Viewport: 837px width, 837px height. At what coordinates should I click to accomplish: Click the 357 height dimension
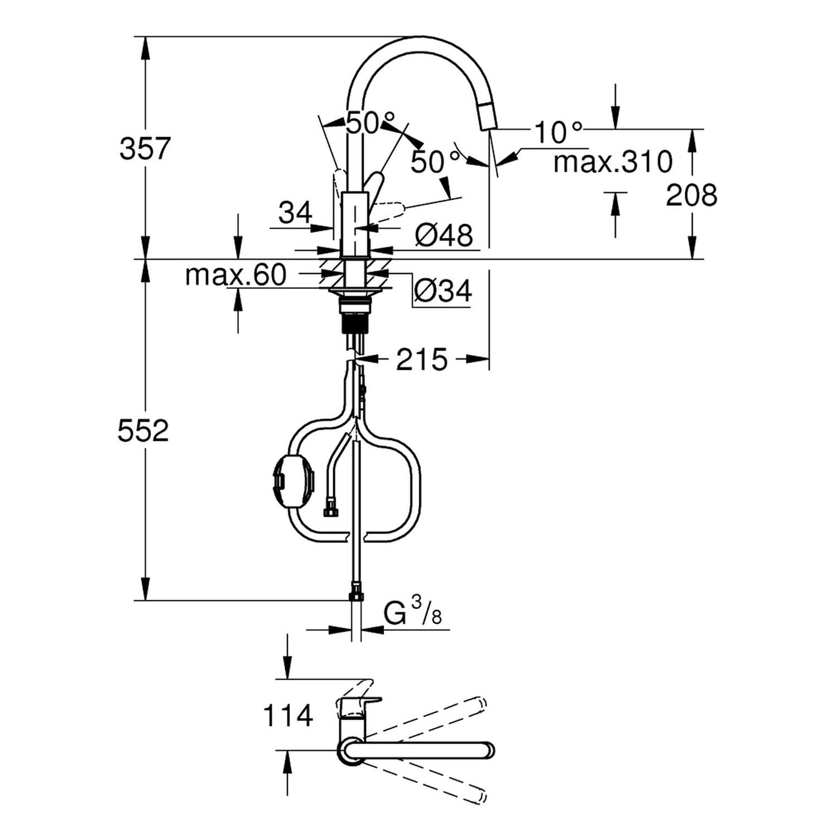click(x=145, y=149)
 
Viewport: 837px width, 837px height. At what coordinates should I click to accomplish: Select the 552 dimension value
click(x=143, y=431)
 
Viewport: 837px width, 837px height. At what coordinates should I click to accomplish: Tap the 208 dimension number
click(x=691, y=195)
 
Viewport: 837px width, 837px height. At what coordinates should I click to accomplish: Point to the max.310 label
click(x=613, y=162)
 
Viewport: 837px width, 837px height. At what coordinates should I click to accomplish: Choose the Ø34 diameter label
click(x=443, y=290)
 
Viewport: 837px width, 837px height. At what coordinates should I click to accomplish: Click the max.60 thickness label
click(x=235, y=275)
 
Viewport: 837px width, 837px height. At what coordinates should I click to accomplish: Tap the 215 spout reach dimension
click(x=422, y=359)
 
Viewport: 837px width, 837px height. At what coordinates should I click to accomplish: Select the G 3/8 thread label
click(x=413, y=614)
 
